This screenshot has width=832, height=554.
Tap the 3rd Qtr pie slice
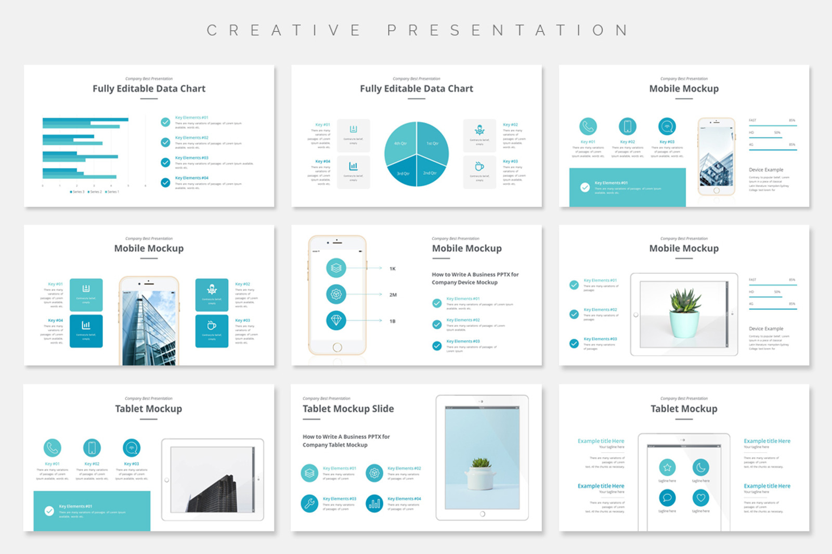click(402, 172)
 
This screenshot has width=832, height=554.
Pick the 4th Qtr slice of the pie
click(400, 143)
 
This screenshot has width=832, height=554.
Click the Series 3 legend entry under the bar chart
click(76, 192)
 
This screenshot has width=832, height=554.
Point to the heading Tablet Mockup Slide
click(348, 409)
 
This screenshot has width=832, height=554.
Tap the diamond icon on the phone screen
click(336, 320)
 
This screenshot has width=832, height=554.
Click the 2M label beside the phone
click(393, 295)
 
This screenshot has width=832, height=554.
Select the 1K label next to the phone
click(393, 269)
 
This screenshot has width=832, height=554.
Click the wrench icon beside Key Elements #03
click(309, 503)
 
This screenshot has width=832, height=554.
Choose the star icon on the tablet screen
click(667, 468)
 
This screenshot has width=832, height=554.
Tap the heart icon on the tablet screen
click(701, 498)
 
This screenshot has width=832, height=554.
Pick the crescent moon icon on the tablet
click(701, 468)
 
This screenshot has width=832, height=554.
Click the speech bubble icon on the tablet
click(667, 498)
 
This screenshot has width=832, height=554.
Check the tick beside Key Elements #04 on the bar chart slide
click(165, 183)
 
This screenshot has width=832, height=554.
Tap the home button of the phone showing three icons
click(337, 347)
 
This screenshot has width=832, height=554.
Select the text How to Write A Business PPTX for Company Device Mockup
click(475, 278)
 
